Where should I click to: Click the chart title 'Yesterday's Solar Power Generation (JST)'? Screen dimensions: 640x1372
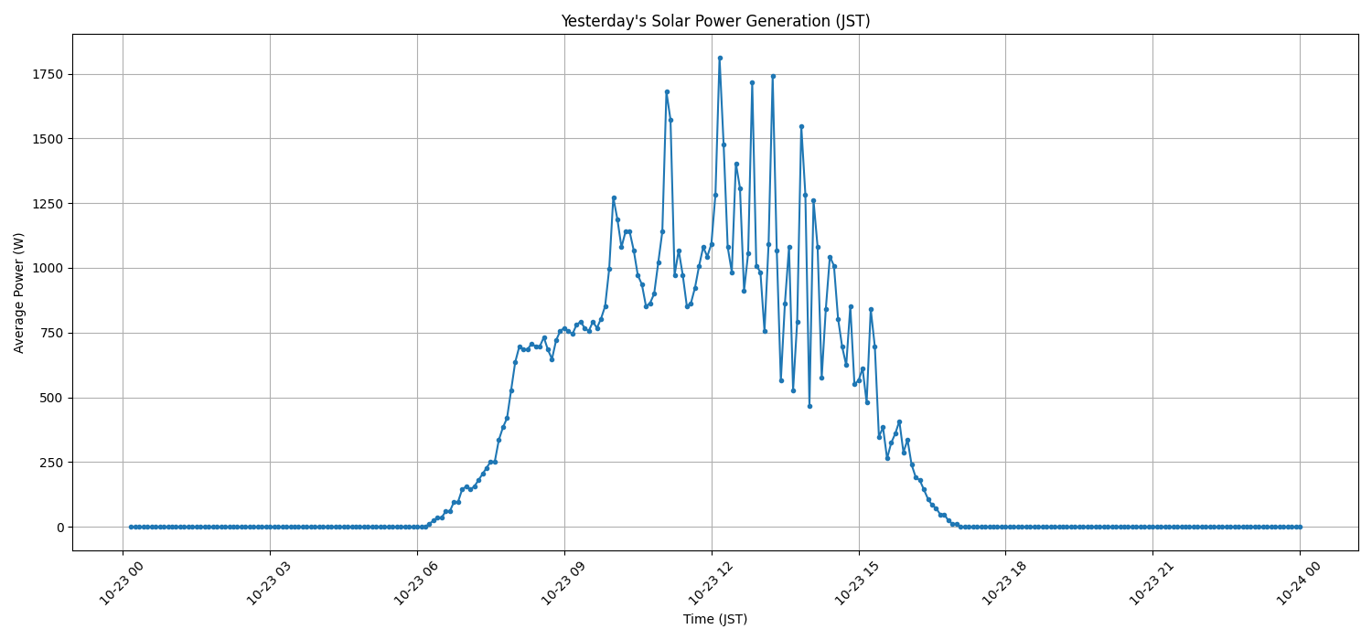point(715,21)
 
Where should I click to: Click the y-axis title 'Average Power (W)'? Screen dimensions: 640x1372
point(19,293)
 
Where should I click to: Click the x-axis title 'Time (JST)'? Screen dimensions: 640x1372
point(715,619)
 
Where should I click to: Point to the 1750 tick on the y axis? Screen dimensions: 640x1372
point(48,74)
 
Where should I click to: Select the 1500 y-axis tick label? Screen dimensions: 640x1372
point(48,139)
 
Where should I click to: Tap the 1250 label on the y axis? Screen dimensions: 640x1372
point(48,204)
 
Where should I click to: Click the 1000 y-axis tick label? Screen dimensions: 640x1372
point(48,268)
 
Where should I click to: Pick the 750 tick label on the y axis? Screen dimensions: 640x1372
point(51,333)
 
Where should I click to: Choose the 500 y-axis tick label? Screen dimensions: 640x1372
point(51,398)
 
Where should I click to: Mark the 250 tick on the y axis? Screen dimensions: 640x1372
point(51,463)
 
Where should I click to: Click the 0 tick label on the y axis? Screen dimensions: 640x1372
point(59,528)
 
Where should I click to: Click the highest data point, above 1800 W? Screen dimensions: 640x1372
point(720,58)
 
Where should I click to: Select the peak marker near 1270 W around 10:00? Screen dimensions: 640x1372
point(614,197)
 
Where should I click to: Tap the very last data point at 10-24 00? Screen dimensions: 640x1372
point(1300,527)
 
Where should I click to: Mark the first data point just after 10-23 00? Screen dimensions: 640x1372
point(131,527)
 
